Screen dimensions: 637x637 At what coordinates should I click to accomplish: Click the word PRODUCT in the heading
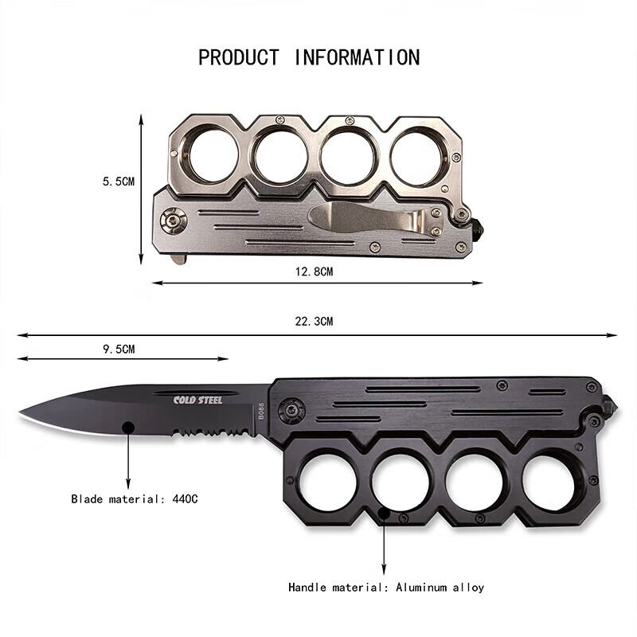click(238, 57)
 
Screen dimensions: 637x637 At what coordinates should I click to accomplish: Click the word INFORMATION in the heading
click(357, 57)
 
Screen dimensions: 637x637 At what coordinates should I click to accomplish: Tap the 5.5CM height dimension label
click(119, 182)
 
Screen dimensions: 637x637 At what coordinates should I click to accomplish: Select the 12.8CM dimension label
click(314, 272)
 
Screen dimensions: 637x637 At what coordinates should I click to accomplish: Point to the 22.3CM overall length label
click(314, 322)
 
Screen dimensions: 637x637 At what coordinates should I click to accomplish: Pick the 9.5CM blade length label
click(119, 349)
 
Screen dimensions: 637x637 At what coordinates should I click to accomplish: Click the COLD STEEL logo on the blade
click(197, 401)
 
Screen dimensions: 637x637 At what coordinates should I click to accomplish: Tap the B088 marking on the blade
click(261, 411)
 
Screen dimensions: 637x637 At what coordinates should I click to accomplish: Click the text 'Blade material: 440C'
click(135, 498)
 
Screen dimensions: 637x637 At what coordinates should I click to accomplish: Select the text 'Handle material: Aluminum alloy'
click(386, 588)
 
